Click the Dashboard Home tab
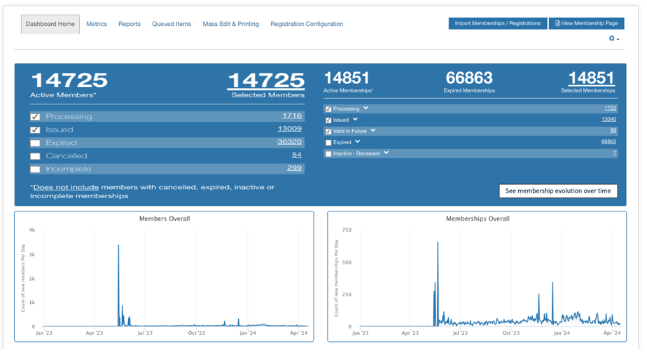click(x=50, y=24)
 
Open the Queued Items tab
click(x=172, y=24)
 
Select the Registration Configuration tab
click(x=307, y=24)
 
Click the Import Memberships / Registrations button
click(x=498, y=24)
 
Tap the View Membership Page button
click(x=586, y=24)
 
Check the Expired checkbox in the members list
click(x=36, y=144)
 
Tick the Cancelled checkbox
click(x=36, y=156)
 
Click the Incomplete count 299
click(x=294, y=168)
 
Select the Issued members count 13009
click(x=290, y=128)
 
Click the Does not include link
click(x=66, y=187)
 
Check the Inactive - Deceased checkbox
click(x=328, y=153)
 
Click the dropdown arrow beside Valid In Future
click(x=373, y=130)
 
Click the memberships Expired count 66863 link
click(x=608, y=141)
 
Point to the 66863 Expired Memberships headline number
click(x=469, y=78)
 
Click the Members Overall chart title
click(x=165, y=219)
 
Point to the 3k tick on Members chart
click(x=32, y=255)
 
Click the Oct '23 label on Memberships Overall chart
click(x=511, y=333)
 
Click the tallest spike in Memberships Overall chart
click(x=438, y=242)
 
